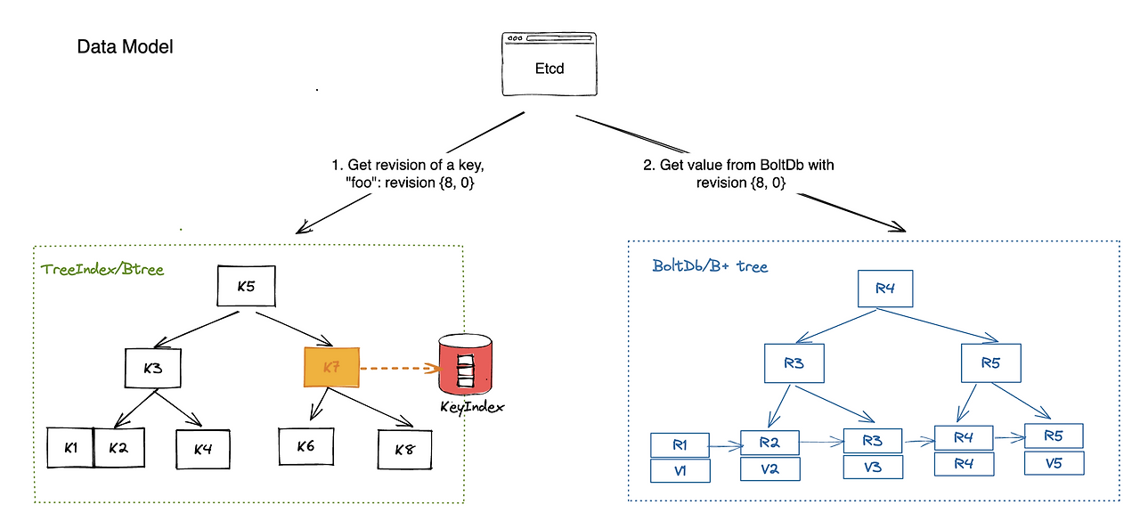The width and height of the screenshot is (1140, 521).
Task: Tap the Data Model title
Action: click(x=125, y=47)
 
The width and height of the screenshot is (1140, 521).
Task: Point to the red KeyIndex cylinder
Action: click(x=465, y=365)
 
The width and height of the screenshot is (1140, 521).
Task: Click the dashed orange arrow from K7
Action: click(x=399, y=367)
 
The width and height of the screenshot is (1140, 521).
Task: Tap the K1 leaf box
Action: click(x=69, y=448)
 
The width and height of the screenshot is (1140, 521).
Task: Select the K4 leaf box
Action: click(x=202, y=449)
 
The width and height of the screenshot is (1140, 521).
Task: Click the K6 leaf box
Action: click(x=305, y=445)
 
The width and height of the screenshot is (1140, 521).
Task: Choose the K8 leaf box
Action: click(x=405, y=450)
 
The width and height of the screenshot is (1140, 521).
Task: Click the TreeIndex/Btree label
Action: click(x=102, y=269)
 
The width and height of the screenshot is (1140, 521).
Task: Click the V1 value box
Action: click(x=680, y=469)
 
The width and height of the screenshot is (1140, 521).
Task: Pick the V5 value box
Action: click(x=1054, y=464)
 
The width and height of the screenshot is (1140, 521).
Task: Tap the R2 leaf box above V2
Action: click(x=770, y=442)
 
